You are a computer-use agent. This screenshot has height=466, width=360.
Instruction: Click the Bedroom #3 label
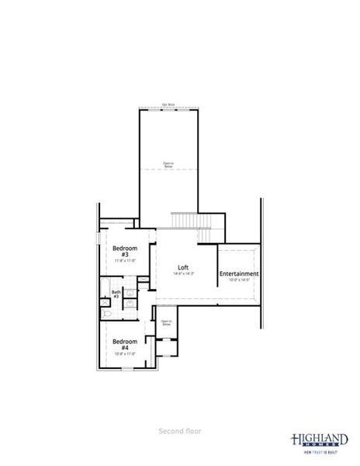pos(124,251)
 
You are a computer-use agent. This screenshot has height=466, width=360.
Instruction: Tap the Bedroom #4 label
pos(124,344)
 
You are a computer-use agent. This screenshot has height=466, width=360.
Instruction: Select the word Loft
pos(184,266)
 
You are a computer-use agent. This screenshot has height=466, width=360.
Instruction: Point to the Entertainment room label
pos(239,274)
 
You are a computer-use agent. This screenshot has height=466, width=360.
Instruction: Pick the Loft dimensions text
pos(184,273)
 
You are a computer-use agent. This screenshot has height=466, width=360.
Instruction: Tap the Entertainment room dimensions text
pos(239,280)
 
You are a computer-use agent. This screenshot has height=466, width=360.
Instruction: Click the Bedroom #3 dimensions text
pos(124,261)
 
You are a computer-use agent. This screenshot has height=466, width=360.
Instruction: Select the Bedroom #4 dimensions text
pos(124,353)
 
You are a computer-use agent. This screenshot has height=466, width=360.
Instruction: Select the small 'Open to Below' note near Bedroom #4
pos(165,322)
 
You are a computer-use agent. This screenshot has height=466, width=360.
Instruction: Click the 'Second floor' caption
pos(180,429)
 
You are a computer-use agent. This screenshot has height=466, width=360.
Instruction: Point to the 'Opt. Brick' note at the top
pos(167,105)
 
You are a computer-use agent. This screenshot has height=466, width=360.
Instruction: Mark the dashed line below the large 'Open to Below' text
pos(167,169)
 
